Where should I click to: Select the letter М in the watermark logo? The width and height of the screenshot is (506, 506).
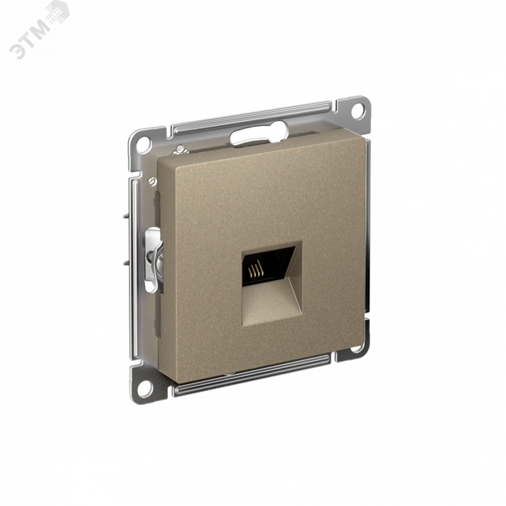point(41,29)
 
